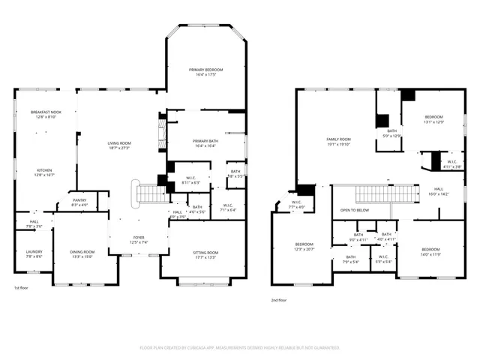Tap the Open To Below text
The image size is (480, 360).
click(354, 210)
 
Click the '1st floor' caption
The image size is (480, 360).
click(22, 288)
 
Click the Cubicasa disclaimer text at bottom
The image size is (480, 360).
click(240, 348)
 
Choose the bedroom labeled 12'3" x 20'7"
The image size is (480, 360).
click(304, 247)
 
